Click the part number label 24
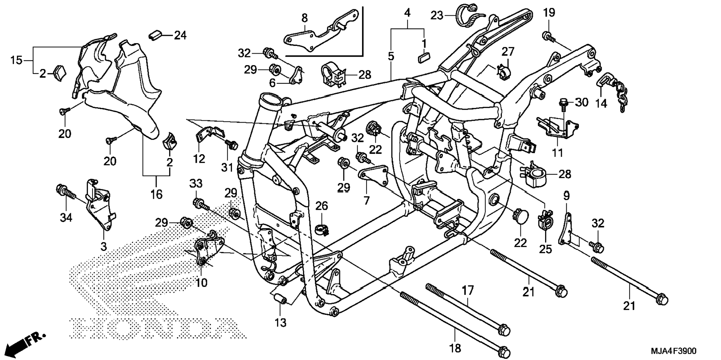pyautogui.click(x=180, y=35)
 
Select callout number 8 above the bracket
pyautogui.click(x=305, y=18)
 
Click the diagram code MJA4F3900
pyautogui.click(x=673, y=351)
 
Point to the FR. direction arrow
pyautogui.click(x=26, y=343)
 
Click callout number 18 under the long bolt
pyautogui.click(x=455, y=348)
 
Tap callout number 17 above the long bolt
pyautogui.click(x=468, y=290)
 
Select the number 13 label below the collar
pyautogui.click(x=280, y=322)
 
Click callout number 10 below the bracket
pyautogui.click(x=201, y=282)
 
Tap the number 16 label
pyautogui.click(x=157, y=194)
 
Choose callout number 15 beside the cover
pyautogui.click(x=16, y=60)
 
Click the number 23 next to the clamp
pyautogui.click(x=437, y=16)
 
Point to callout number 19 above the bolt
pyautogui.click(x=549, y=12)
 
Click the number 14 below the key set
pyautogui.click(x=601, y=103)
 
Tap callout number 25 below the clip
pyautogui.click(x=545, y=249)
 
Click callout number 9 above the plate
pyautogui.click(x=566, y=196)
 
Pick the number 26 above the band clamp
pyautogui.click(x=321, y=206)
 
